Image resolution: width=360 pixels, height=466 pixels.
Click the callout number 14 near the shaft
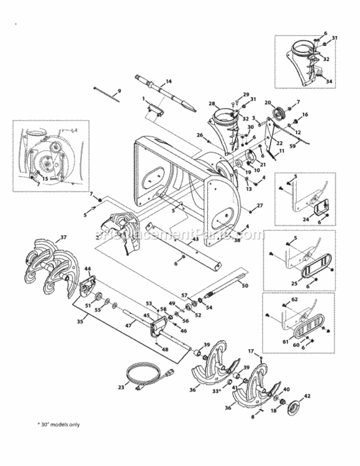[x=169, y=81]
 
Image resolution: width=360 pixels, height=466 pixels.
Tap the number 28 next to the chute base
[x=211, y=103]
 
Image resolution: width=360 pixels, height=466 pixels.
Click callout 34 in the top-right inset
[x=330, y=81]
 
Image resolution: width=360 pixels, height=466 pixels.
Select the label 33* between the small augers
[x=217, y=391]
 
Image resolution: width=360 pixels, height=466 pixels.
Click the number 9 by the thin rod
[x=120, y=91]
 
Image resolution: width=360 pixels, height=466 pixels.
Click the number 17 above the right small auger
[x=251, y=352]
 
